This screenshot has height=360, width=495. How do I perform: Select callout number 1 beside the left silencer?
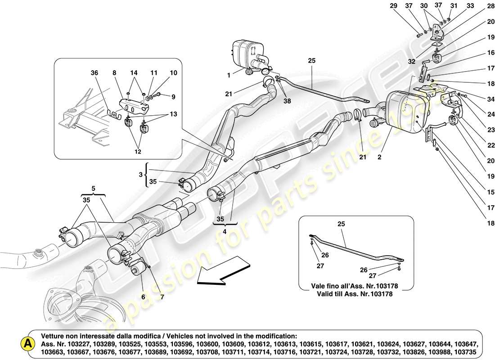coord(229,75)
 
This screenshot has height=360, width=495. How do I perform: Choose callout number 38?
coord(287,101)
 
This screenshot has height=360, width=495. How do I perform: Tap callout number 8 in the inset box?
coord(115,73)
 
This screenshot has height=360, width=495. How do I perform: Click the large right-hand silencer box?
coord(405,110)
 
